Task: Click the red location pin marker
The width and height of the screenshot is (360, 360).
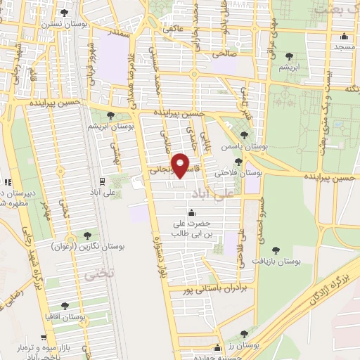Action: point(181,166)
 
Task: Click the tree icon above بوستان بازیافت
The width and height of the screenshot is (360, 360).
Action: point(275,250)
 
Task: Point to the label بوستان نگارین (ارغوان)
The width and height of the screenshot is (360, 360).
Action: point(78,247)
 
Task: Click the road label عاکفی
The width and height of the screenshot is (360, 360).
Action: point(173,30)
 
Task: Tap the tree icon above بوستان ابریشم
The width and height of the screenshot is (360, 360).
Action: point(110,115)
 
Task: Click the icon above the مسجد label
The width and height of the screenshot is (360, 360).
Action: point(345,37)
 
